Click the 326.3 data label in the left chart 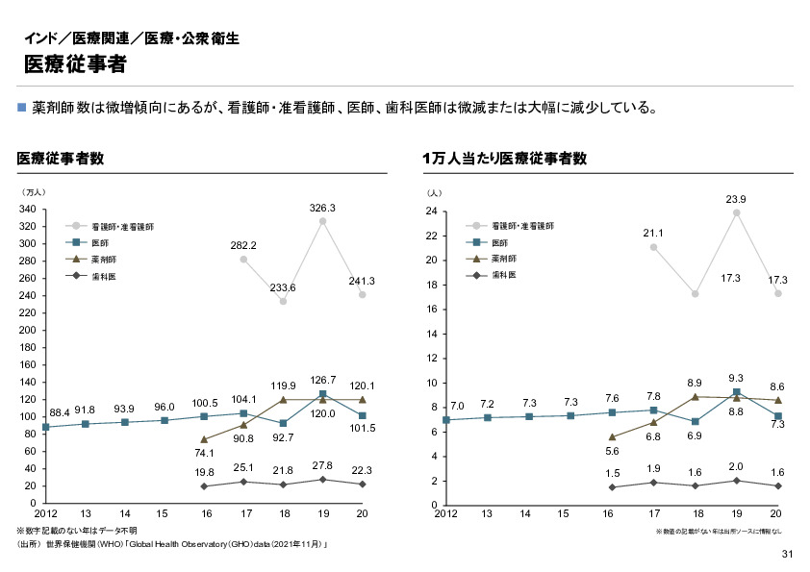321,208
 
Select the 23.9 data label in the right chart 736,199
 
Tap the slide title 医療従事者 74,64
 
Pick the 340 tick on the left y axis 28,209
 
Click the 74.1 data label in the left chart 203,453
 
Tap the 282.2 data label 243,246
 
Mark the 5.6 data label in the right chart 612,451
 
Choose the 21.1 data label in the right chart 654,234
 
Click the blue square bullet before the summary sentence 22,107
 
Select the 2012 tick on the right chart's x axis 445,514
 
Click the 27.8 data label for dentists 322,465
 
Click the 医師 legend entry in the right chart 501,242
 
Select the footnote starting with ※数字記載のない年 77,531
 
